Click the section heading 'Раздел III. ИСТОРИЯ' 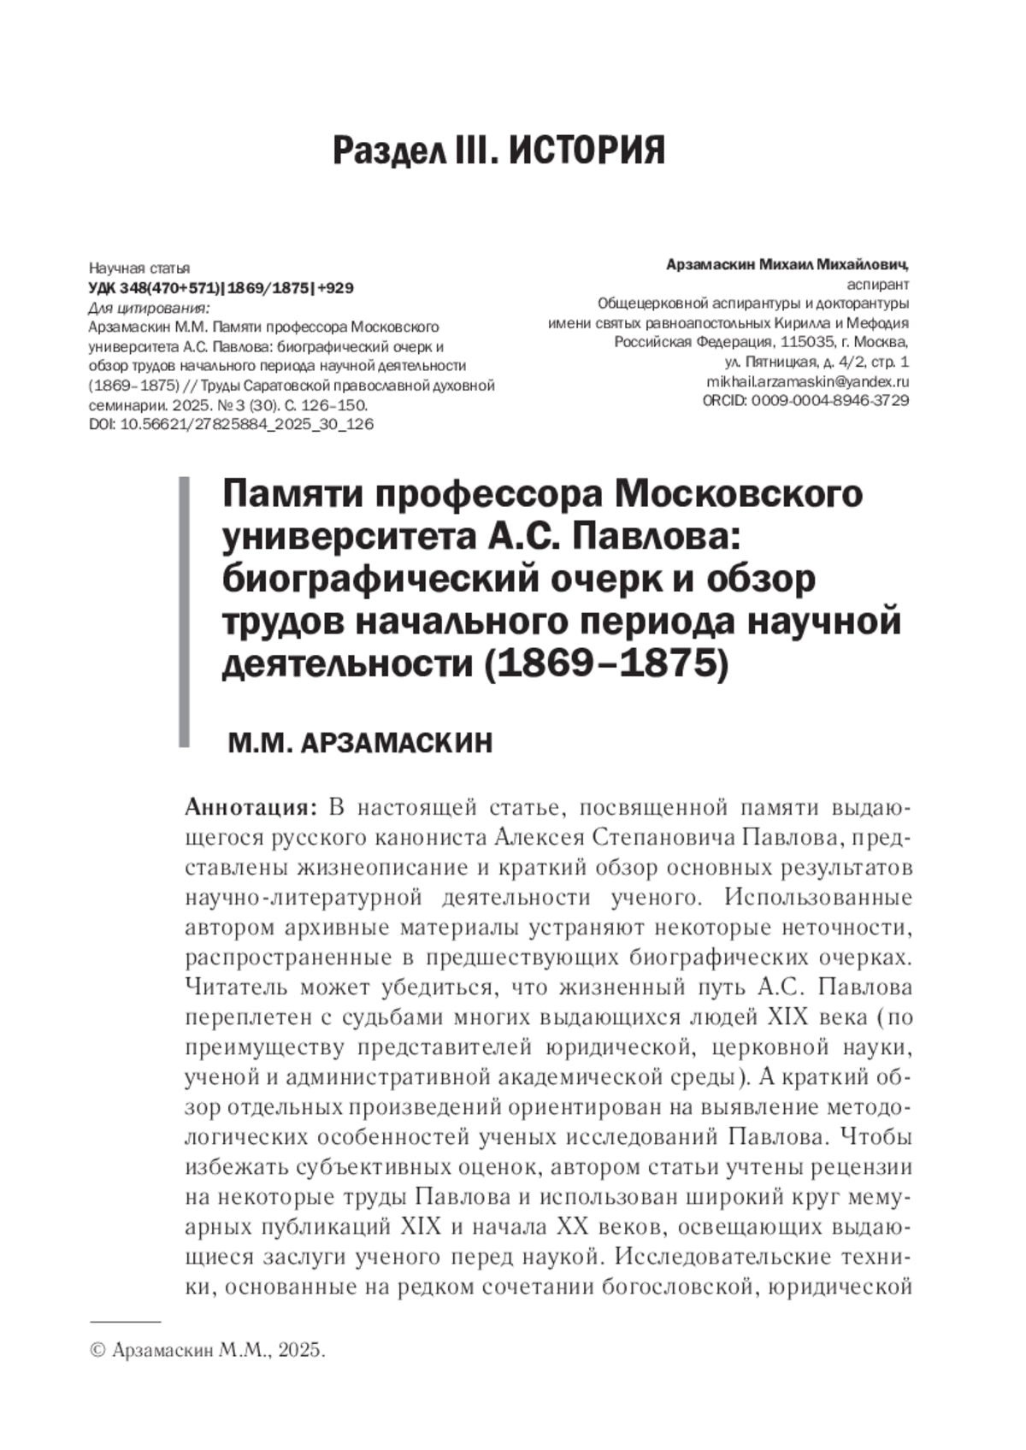coord(498,150)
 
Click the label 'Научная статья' coord(139,268)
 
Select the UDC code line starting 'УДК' coord(221,288)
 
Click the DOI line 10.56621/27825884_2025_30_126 coord(231,424)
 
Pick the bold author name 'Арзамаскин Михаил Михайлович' coord(786,265)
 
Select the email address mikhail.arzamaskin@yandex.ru coord(807,382)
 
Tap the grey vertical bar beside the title coord(183,612)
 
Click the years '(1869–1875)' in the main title coord(606,663)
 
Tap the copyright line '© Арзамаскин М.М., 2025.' coord(208,1351)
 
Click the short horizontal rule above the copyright coord(125,1322)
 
